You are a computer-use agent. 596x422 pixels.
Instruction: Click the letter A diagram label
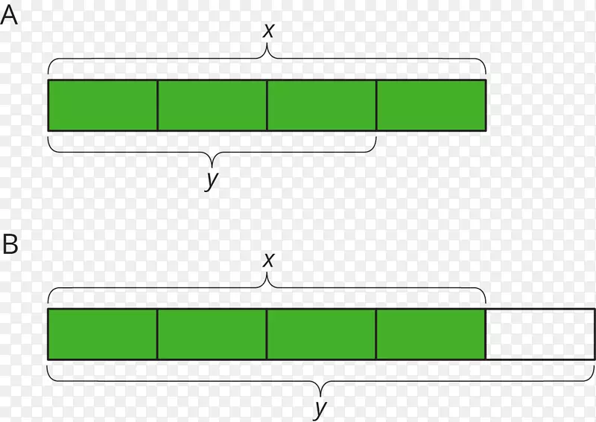coord(9,16)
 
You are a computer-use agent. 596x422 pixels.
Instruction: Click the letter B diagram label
coord(10,243)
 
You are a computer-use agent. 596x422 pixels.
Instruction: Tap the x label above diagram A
coord(268,31)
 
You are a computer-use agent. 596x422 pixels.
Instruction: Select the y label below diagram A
coord(212,180)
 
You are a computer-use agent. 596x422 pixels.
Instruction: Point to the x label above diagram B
coord(268,260)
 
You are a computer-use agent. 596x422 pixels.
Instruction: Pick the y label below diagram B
coord(320,409)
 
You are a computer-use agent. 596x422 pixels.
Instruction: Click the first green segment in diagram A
coord(103,105)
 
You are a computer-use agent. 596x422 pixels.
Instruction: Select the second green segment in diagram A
coord(212,105)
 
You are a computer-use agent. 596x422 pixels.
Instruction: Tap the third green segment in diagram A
coord(322,105)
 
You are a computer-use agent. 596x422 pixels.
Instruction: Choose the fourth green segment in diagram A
coord(431,105)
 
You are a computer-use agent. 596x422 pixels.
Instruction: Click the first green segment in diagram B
coord(103,334)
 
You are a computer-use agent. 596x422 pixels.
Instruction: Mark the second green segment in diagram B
coord(212,334)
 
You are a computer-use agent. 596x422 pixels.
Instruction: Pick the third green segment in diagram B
coord(322,334)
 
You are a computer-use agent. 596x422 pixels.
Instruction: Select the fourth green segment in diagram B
coord(431,334)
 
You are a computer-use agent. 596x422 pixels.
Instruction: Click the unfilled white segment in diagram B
coord(540,334)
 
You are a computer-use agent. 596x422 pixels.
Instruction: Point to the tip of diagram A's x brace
coord(267,43)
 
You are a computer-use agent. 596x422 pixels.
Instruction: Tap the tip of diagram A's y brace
coord(212,167)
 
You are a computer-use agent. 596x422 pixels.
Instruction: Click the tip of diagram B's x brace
coord(267,272)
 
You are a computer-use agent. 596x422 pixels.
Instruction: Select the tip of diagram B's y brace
coord(320,396)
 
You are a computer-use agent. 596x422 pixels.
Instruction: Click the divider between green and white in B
coord(486,334)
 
